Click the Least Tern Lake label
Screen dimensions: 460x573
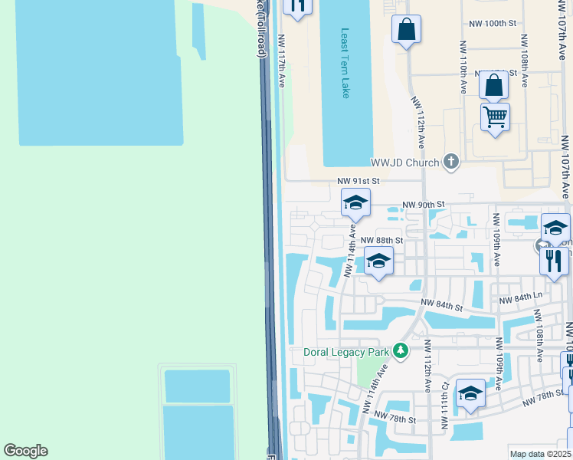(345, 64)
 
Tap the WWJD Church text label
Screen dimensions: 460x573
(404, 163)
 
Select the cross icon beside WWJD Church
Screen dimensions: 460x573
(451, 162)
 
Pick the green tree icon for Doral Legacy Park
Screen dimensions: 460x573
(399, 350)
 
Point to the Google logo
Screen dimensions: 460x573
(25, 451)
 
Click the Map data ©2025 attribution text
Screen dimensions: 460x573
(540, 454)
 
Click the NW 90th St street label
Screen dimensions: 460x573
(424, 205)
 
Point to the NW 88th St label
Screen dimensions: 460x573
(381, 240)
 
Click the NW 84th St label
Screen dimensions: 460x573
(442, 307)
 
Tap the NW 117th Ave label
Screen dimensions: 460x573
(281, 61)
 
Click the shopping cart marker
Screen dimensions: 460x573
(495, 117)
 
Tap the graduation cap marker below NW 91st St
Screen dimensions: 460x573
(355, 203)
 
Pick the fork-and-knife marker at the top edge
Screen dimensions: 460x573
(298, 5)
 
